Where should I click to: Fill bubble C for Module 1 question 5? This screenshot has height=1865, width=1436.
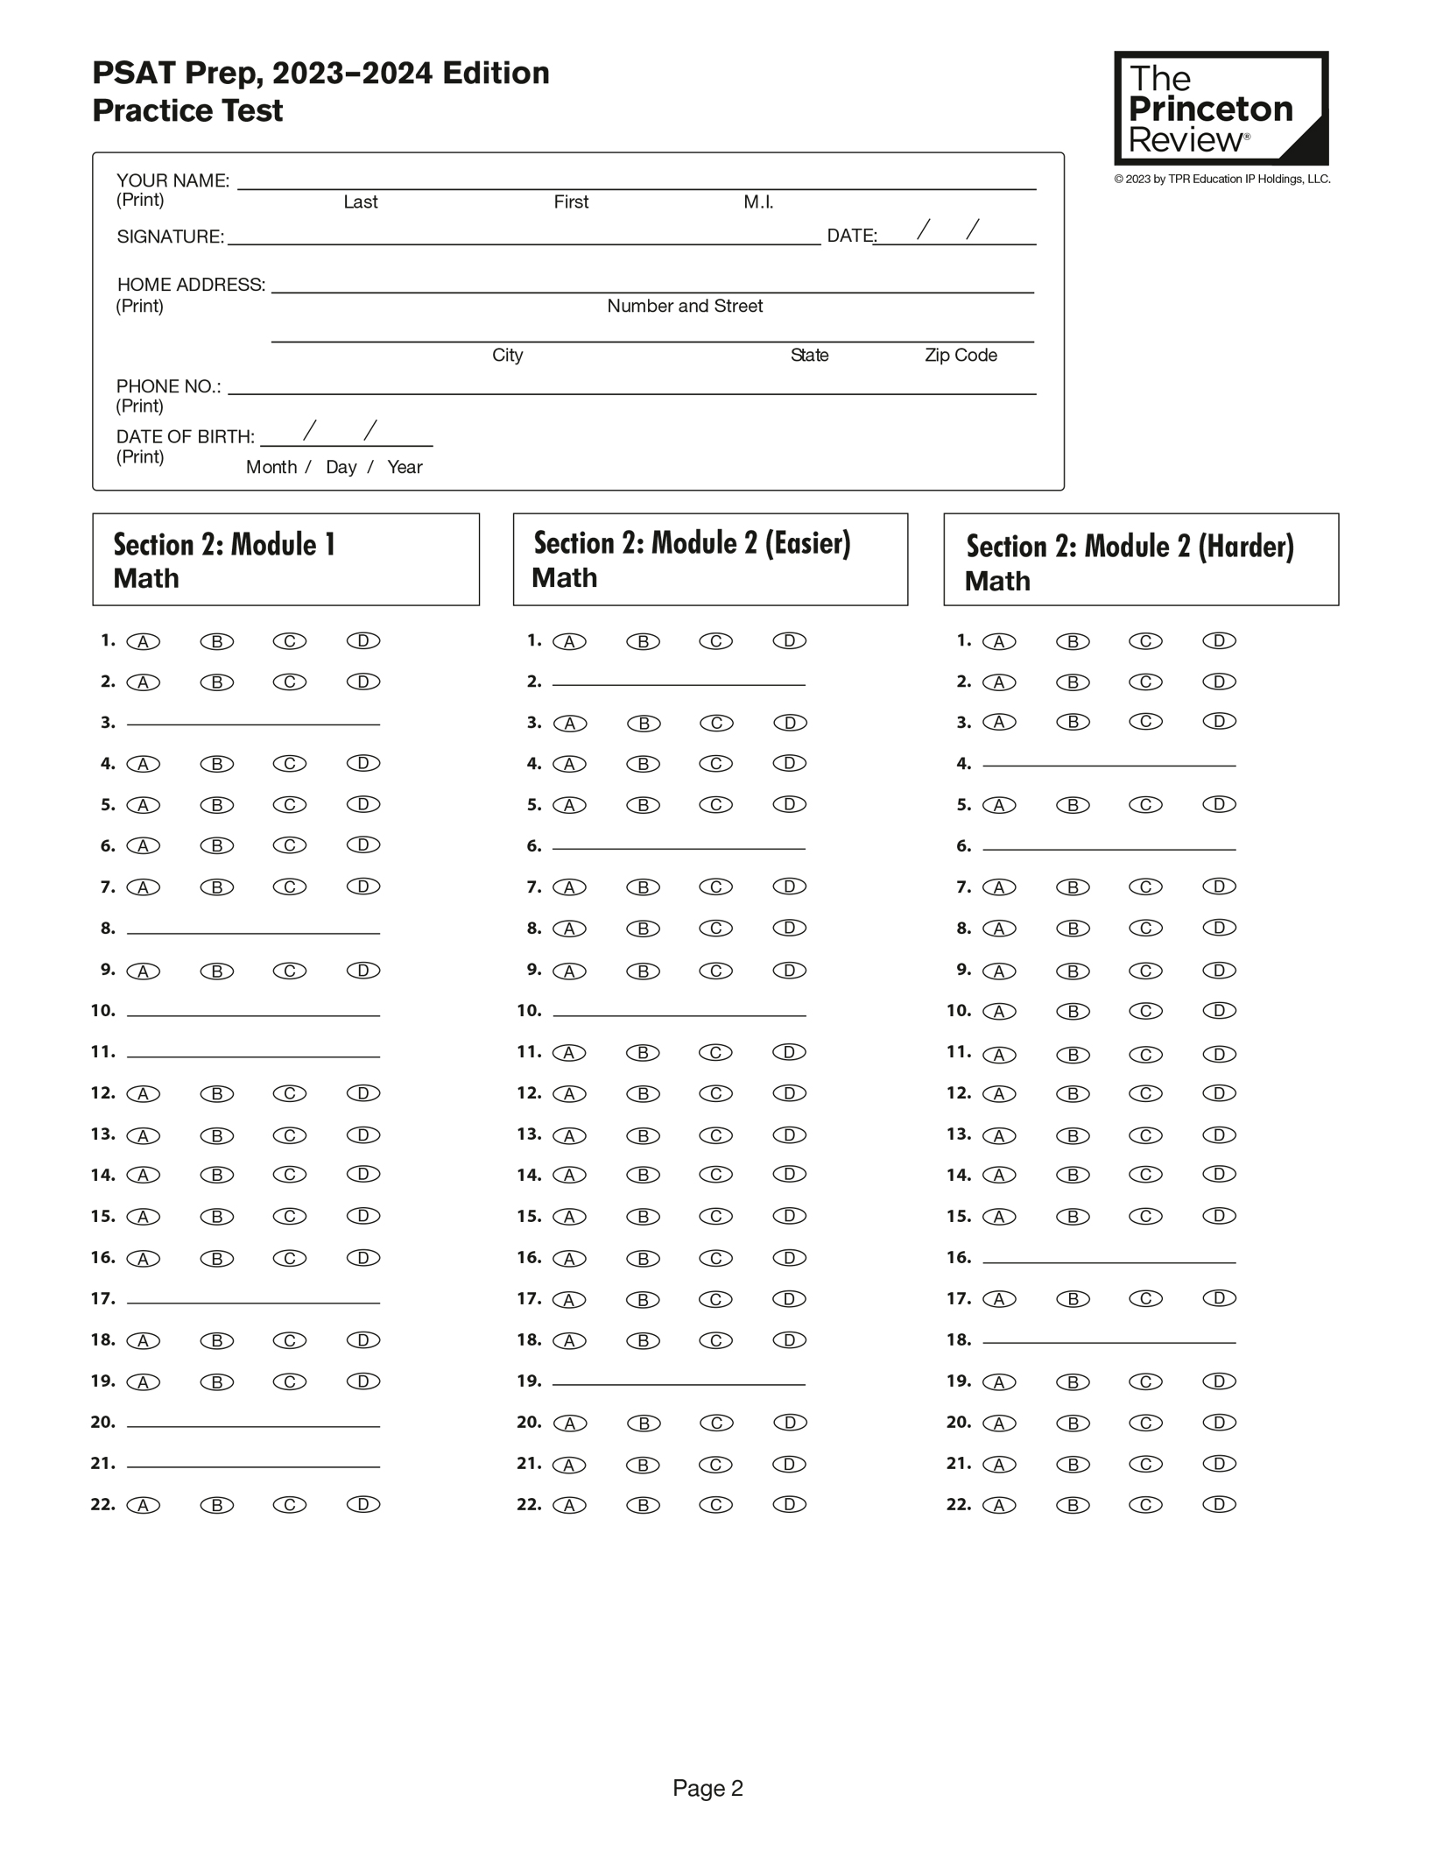pyautogui.click(x=289, y=804)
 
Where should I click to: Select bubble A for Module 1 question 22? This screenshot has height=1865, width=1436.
pyautogui.click(x=144, y=1505)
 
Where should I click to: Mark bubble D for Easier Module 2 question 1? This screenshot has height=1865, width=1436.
pyautogui.click(x=789, y=641)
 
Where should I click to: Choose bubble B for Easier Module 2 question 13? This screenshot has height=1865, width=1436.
pyautogui.click(x=643, y=1135)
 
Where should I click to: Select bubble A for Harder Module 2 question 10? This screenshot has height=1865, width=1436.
pyautogui.click(x=999, y=1011)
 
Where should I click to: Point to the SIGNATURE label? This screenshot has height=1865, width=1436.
pyautogui.click(x=171, y=237)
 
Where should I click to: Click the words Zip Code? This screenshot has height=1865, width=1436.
pyautogui.click(x=961, y=355)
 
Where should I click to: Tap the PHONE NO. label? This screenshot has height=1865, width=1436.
pyautogui.click(x=168, y=386)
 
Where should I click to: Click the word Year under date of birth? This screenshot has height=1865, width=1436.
pyautogui.click(x=405, y=467)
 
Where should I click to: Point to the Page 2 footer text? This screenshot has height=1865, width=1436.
pyautogui.click(x=707, y=1788)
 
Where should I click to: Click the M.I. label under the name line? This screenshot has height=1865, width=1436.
pyautogui.click(x=758, y=202)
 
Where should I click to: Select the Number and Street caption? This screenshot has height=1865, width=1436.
pyautogui.click(x=685, y=306)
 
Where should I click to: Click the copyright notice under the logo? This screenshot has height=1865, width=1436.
pyautogui.click(x=1221, y=180)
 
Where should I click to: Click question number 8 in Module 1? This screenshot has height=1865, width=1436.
pyautogui.click(x=108, y=928)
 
